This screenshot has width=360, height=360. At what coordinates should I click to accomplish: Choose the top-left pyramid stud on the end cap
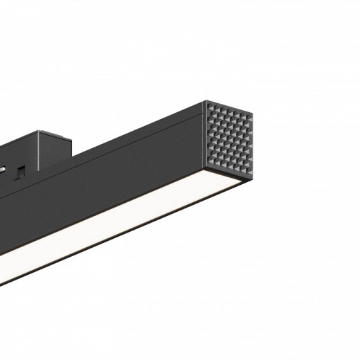pos(210,105)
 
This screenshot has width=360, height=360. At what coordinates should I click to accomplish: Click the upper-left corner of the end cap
pos(205,102)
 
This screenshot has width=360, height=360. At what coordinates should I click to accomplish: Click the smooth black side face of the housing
pos(125,180)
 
